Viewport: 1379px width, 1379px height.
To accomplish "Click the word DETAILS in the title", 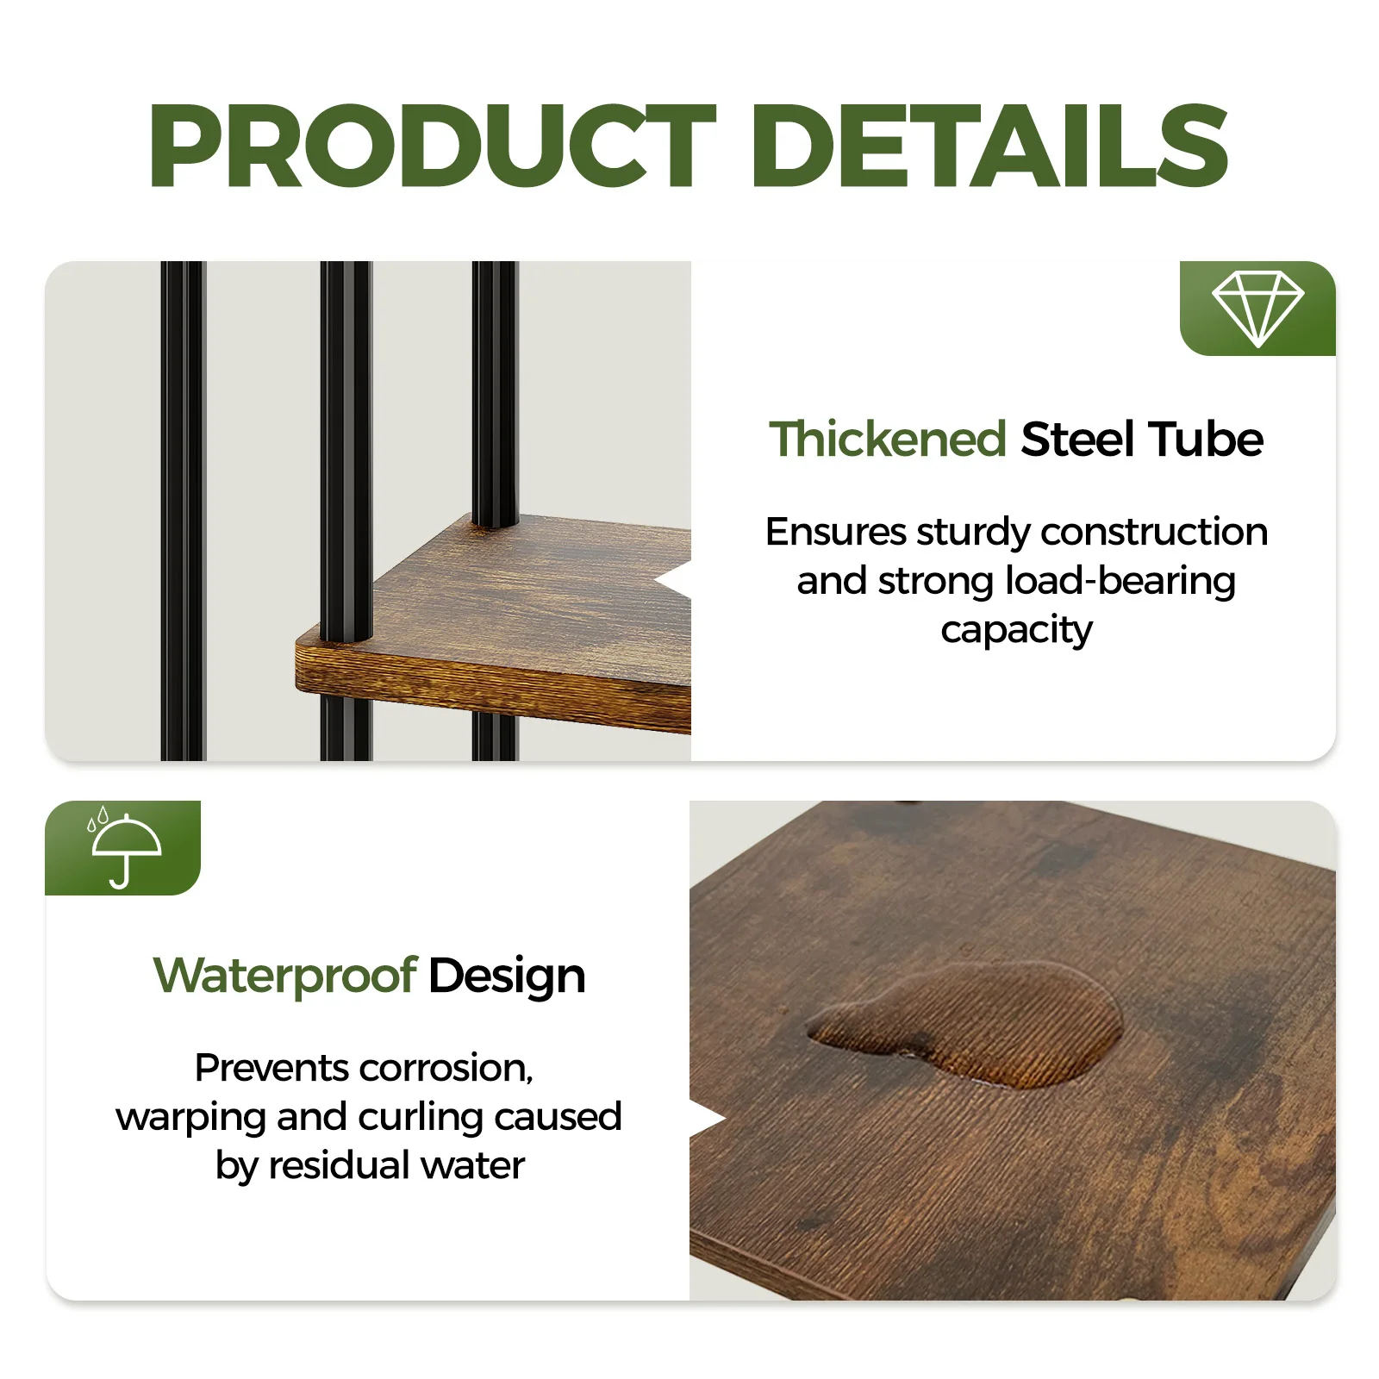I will pos(991,145).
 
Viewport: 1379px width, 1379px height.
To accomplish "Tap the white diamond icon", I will pos(1257,309).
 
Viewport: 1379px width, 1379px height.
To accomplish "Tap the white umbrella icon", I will pos(126,849).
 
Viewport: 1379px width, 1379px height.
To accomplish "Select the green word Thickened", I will pos(888,440).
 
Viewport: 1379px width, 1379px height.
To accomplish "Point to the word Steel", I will pos(1077,440).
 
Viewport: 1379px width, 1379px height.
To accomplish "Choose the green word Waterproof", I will pos(285,976).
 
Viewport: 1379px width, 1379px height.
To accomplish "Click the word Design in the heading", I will pos(507,976).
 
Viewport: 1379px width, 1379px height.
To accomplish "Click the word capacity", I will pos(1016,631).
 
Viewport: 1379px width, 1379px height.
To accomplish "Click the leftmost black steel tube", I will pos(182,509).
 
